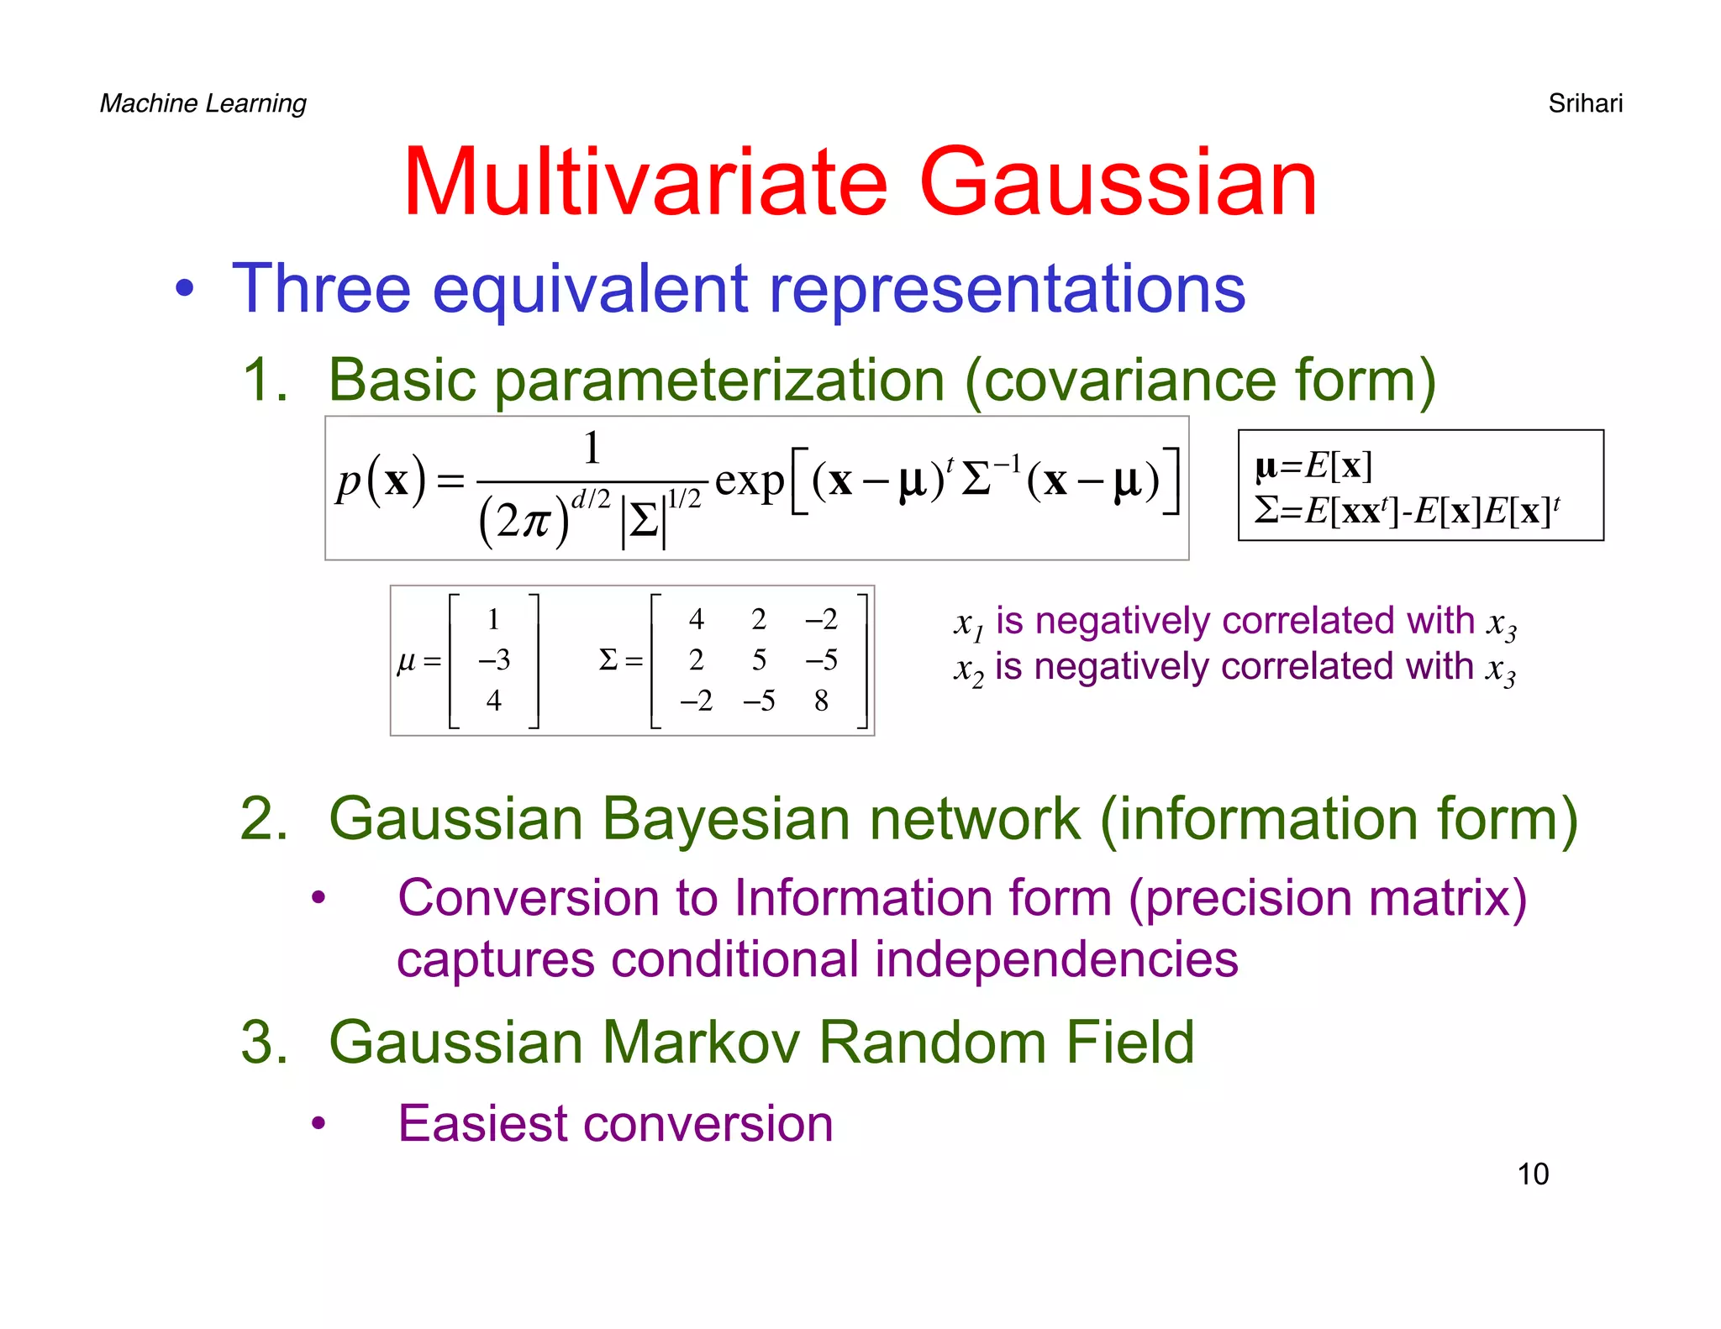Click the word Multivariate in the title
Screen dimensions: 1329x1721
(x=645, y=182)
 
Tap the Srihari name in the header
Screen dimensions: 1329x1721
(x=1585, y=103)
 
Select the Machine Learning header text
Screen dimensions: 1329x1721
(x=203, y=103)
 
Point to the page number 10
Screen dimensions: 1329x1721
(x=1532, y=1174)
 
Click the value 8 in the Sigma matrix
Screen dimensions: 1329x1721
(x=821, y=700)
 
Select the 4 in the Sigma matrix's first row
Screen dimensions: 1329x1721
(x=696, y=619)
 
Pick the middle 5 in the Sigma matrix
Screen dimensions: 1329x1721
(x=759, y=659)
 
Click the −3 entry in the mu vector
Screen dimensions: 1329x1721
(x=494, y=659)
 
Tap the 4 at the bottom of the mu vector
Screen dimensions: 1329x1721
(x=494, y=700)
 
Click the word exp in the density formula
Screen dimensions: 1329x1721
(x=749, y=481)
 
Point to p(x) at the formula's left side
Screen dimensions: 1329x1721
(x=382, y=481)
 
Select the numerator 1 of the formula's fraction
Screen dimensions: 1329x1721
(x=592, y=448)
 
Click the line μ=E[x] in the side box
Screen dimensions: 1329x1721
(x=1313, y=465)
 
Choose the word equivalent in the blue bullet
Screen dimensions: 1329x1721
(x=590, y=288)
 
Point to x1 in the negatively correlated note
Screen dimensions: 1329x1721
(x=967, y=623)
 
